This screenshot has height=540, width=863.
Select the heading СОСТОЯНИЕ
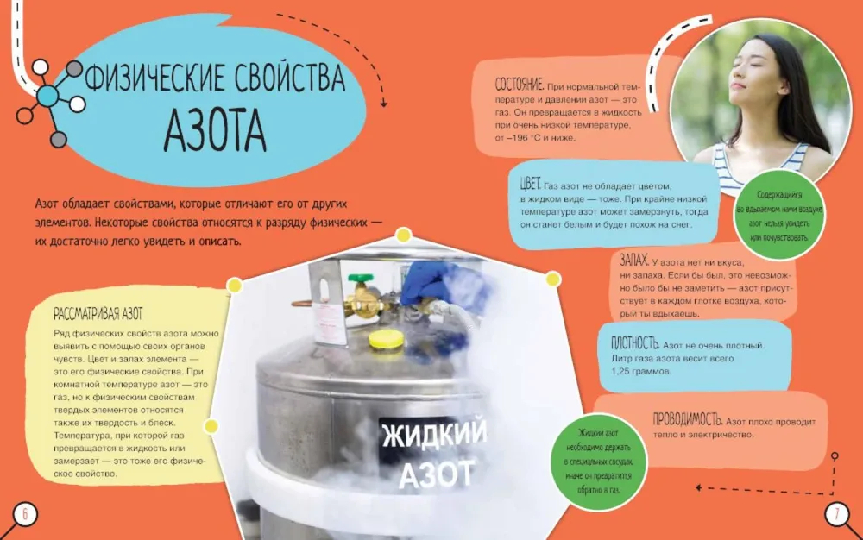(519, 85)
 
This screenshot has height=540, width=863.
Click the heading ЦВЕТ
(531, 184)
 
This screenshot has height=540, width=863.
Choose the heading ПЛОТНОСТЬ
(635, 343)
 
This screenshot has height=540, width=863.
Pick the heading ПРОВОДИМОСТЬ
(688, 419)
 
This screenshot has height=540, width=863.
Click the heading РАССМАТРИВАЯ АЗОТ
(98, 314)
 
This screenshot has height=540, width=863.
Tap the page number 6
(24, 514)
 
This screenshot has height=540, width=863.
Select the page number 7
(837, 514)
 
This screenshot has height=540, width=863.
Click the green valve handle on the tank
(361, 278)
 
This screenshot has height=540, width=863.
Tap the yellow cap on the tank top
(386, 340)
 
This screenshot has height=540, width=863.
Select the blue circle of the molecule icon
(47, 97)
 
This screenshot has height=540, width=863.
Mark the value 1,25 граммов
(641, 371)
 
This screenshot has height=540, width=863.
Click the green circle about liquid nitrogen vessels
(599, 462)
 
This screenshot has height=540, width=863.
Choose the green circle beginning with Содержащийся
(779, 217)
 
